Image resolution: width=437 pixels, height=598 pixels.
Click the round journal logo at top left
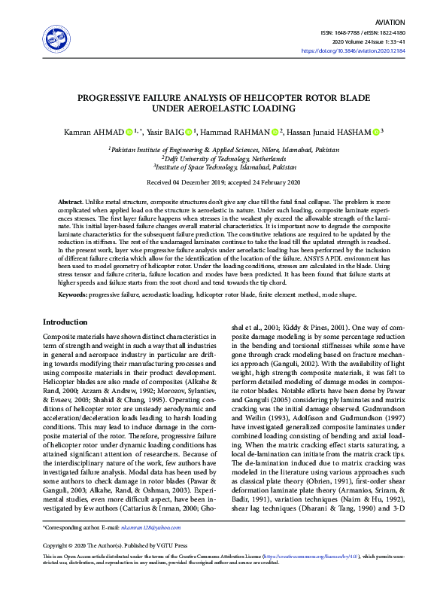click(x=56, y=39)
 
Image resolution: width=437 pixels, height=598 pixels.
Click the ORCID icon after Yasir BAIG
click(x=188, y=131)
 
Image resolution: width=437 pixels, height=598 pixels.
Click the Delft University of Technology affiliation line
click(x=217, y=158)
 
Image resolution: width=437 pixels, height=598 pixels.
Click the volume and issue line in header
click(x=366, y=41)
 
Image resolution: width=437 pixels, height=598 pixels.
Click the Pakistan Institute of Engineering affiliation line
click(x=218, y=150)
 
